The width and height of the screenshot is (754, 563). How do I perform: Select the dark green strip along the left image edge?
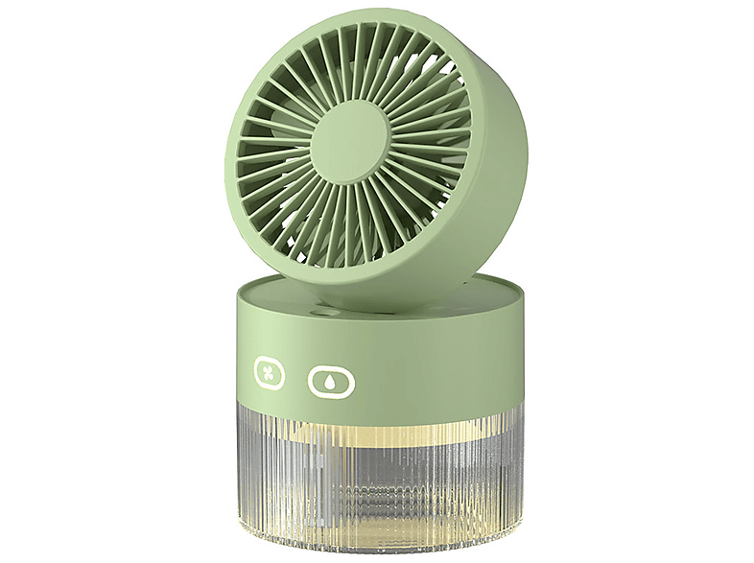[48, 281]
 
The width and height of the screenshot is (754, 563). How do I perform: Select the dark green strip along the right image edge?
[705, 281]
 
